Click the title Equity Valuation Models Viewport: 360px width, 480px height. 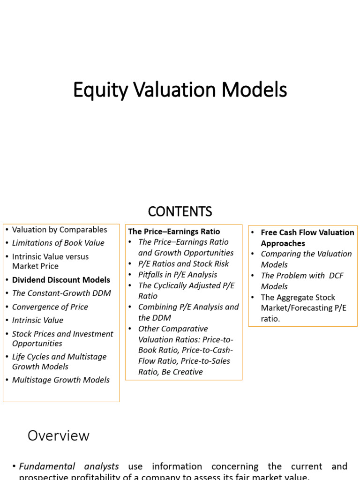[x=180, y=90]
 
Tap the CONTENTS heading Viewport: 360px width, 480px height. [x=180, y=212]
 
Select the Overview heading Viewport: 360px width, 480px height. [x=58, y=435]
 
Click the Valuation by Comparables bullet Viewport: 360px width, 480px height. [x=60, y=230]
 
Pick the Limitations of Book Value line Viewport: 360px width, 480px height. [x=58, y=243]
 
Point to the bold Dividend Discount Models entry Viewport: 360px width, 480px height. [x=61, y=280]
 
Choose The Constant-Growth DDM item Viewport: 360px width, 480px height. [x=61, y=293]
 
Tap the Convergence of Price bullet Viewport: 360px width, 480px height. [x=50, y=307]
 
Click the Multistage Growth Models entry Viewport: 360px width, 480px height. [x=61, y=380]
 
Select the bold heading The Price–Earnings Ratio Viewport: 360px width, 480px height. [x=174, y=232]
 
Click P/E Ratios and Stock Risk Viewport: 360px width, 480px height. [x=183, y=264]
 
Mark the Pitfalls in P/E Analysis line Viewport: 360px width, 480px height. [x=178, y=275]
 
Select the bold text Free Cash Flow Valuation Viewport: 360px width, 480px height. [x=307, y=232]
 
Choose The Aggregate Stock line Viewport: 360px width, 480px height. [x=298, y=297]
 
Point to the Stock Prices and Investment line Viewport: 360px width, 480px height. [x=63, y=334]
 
